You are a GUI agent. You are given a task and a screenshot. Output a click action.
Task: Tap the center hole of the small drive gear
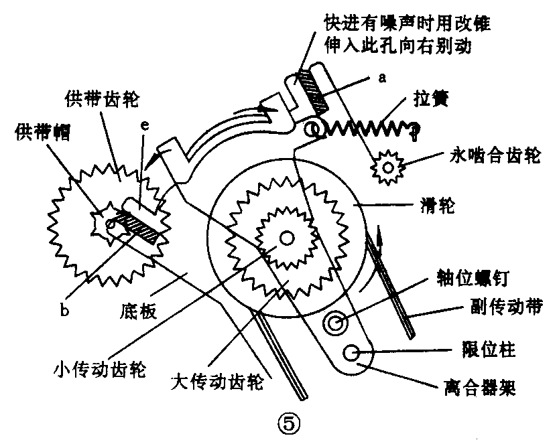coord(287,237)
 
